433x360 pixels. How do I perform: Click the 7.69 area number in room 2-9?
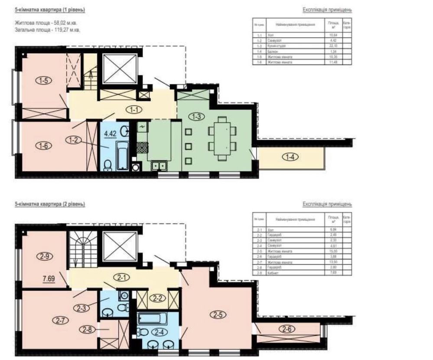coord(48,274)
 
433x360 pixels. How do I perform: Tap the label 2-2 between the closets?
coord(156,298)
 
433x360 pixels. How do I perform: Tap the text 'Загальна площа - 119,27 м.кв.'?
coord(47,30)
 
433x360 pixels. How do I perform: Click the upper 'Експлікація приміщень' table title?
coord(326,10)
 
